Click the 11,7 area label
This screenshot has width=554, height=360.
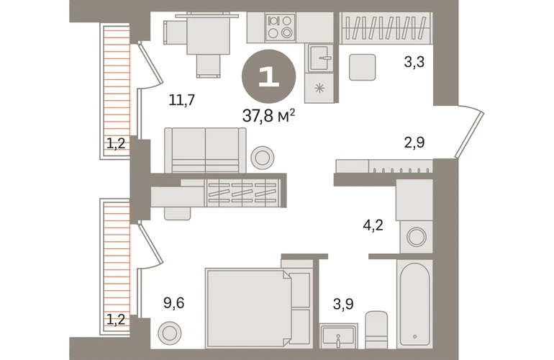(x=181, y=100)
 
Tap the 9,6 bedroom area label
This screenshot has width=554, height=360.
(x=174, y=303)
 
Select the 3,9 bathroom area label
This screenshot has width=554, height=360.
(x=343, y=304)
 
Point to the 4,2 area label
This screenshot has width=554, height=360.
(x=373, y=225)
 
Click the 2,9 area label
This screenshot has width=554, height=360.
(x=414, y=143)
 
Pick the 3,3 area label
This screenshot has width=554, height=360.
(x=414, y=62)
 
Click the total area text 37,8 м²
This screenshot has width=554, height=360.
(x=268, y=115)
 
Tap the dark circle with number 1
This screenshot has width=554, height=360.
(x=268, y=76)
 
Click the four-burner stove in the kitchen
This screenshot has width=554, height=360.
(x=280, y=27)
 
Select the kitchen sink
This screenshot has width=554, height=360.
(x=320, y=58)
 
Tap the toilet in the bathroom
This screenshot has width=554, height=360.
(x=376, y=330)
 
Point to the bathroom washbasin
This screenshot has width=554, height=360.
(x=338, y=337)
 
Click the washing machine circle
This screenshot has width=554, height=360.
(x=416, y=237)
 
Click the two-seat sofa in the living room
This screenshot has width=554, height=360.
(x=205, y=150)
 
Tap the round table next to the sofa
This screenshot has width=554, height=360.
(x=263, y=158)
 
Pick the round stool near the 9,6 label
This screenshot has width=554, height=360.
(x=170, y=333)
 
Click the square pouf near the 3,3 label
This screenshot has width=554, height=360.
(x=362, y=67)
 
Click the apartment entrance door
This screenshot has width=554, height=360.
(x=470, y=135)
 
